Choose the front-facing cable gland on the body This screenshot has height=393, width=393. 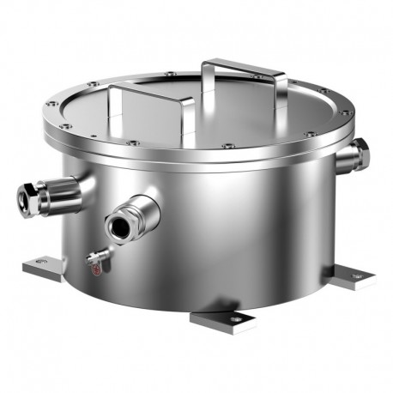[133, 216]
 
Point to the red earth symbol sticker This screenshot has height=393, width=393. [95, 268]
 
